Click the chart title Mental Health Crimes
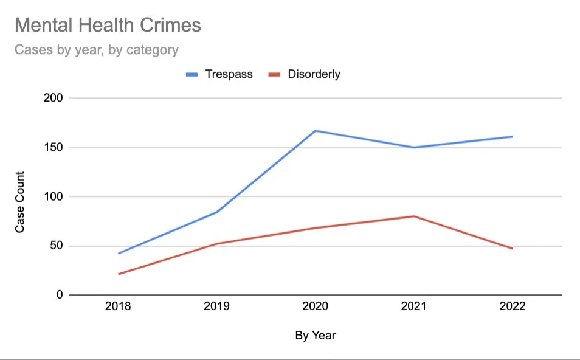pos(108,25)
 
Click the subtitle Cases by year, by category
pos(97,50)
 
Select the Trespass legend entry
pos(219,74)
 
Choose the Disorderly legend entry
pos(304,74)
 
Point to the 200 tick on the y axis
pos(54,98)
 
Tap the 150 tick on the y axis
pos(54,147)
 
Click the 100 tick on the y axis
pos(54,196)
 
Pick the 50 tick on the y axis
pos(57,246)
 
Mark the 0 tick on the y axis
pos(60,295)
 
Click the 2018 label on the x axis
pos(118,306)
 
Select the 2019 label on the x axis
pos(217,306)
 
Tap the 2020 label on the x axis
pos(315,306)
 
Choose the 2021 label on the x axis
pos(414,306)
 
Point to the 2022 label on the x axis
pos(513,306)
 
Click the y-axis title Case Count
pos(19,202)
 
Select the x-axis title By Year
pos(316,336)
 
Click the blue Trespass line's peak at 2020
pos(315,131)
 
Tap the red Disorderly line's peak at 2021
pos(414,216)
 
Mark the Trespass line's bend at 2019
pos(217,212)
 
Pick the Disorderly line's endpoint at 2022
pos(513,249)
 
